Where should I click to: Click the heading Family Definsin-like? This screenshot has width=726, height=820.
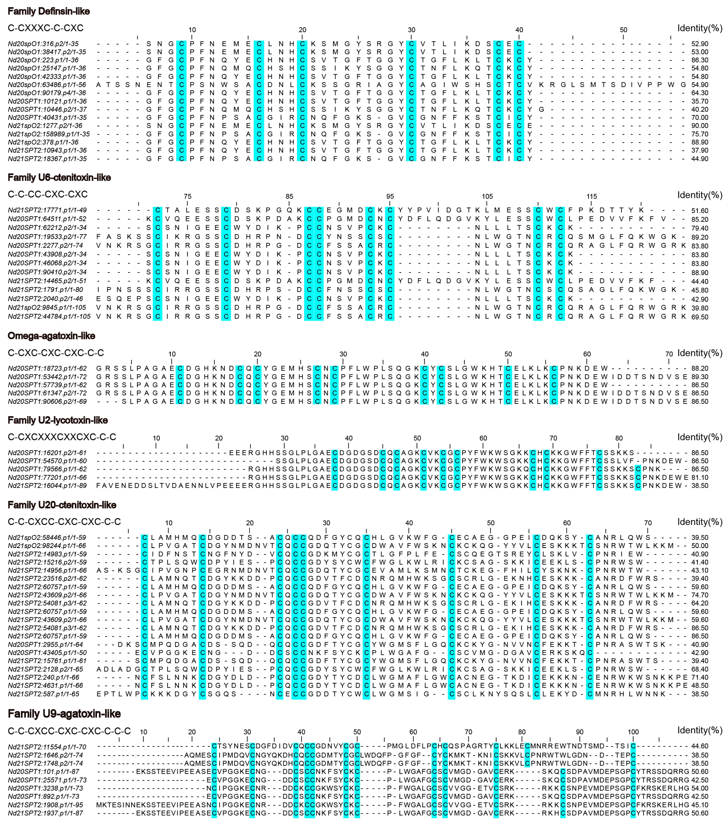pos(49,11)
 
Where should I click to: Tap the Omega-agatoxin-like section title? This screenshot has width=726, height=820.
pos(51,336)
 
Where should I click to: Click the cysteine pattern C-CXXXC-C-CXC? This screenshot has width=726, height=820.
pos(46,28)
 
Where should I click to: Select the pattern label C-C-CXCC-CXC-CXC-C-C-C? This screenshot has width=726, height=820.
pos(69,731)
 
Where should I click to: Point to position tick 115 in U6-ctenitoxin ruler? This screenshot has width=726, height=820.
pos(592,197)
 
